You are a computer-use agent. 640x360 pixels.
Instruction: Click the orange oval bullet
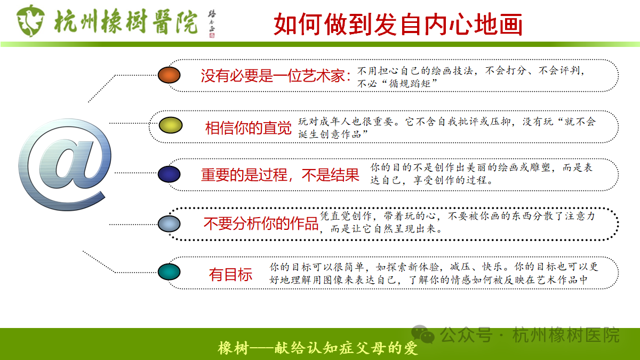click(170, 75)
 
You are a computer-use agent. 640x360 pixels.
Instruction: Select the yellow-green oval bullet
click(171, 125)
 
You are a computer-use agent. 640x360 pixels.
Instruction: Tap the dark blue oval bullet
click(169, 174)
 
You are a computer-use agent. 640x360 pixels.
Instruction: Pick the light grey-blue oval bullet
click(169, 223)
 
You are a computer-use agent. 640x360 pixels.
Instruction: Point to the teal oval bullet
click(169, 272)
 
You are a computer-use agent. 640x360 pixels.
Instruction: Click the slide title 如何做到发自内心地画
click(398, 24)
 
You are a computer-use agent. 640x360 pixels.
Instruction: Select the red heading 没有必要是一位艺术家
click(275, 76)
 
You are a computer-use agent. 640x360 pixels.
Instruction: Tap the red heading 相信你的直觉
click(249, 128)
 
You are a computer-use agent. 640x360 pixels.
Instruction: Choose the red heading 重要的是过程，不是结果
click(280, 175)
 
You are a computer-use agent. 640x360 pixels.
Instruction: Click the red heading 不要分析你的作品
click(261, 224)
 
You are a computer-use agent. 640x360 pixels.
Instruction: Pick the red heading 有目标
click(231, 275)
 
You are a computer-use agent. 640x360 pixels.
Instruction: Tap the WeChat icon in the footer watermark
click(426, 335)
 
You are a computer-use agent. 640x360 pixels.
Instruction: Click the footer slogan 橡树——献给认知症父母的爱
click(318, 349)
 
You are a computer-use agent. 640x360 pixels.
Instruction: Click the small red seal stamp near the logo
click(212, 36)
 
